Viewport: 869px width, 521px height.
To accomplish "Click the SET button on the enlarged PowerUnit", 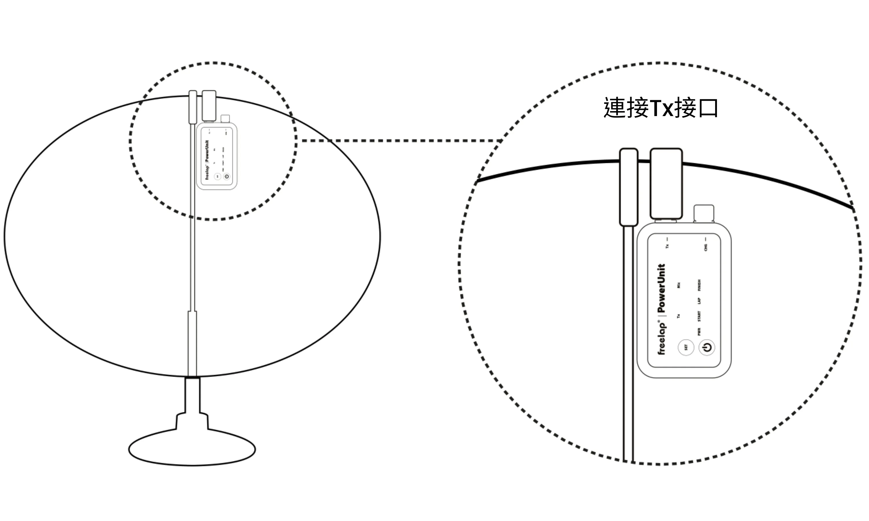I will [686, 347].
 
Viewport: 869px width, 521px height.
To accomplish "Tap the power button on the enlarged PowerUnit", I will [707, 347].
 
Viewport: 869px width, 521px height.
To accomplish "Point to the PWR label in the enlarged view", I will [699, 331].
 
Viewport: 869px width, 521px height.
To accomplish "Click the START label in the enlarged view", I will [699, 316].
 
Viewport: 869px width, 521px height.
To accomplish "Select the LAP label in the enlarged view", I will [699, 301].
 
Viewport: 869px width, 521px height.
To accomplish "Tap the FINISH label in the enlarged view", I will [699, 285].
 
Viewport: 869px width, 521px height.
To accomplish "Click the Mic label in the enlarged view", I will [679, 285].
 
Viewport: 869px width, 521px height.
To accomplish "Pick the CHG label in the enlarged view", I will [706, 247].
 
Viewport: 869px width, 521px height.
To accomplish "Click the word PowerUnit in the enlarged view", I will [661, 288].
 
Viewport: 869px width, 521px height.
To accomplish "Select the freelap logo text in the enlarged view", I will [661, 337].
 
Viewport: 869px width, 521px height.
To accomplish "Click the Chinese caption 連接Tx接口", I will [661, 108].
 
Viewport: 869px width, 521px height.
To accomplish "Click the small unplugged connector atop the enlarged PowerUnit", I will [704, 213].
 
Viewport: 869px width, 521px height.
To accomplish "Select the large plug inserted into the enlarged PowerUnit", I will [666, 184].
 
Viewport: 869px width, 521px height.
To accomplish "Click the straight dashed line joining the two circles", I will [400, 141].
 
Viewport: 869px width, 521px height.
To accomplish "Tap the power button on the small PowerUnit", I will [227, 177].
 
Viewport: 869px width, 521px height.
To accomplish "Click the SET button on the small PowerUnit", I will [218, 177].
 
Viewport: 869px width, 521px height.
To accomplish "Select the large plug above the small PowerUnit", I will [209, 106].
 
